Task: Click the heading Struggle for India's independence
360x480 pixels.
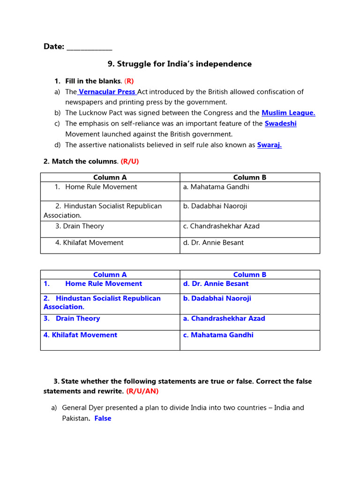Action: (180, 64)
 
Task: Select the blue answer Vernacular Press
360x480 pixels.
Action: (107, 92)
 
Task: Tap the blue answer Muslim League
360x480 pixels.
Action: (288, 112)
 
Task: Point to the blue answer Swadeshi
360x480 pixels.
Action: (280, 123)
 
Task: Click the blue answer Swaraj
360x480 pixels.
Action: (270, 145)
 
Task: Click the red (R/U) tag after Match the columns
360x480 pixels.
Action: (130, 161)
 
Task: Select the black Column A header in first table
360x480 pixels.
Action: (110, 177)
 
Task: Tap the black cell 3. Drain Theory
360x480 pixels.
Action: (80, 226)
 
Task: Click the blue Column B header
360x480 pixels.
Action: (250, 275)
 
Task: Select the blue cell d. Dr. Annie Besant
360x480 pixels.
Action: (216, 284)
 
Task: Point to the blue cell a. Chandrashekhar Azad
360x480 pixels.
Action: (224, 318)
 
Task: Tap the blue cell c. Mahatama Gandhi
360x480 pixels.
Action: (218, 335)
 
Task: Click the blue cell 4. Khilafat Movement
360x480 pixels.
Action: (80, 335)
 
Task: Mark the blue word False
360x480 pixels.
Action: (103, 418)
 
